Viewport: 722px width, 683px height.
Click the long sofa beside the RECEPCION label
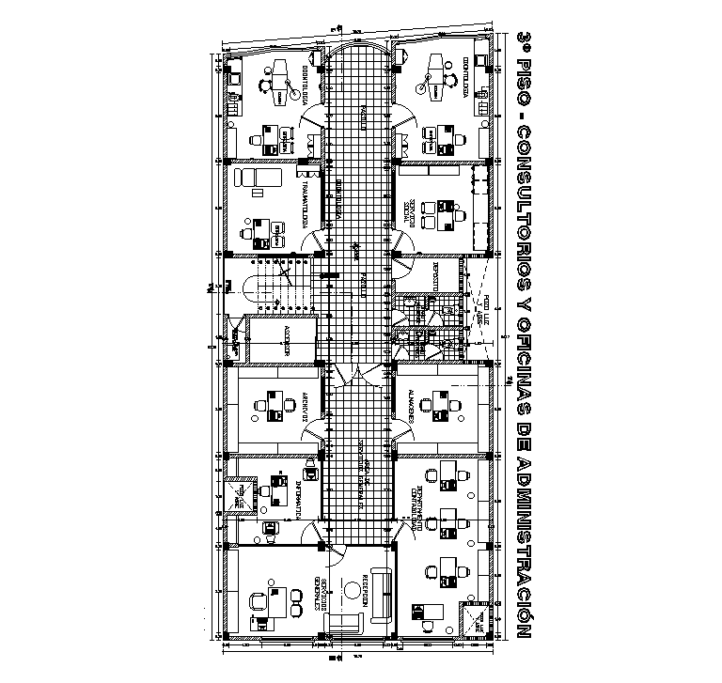382,594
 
